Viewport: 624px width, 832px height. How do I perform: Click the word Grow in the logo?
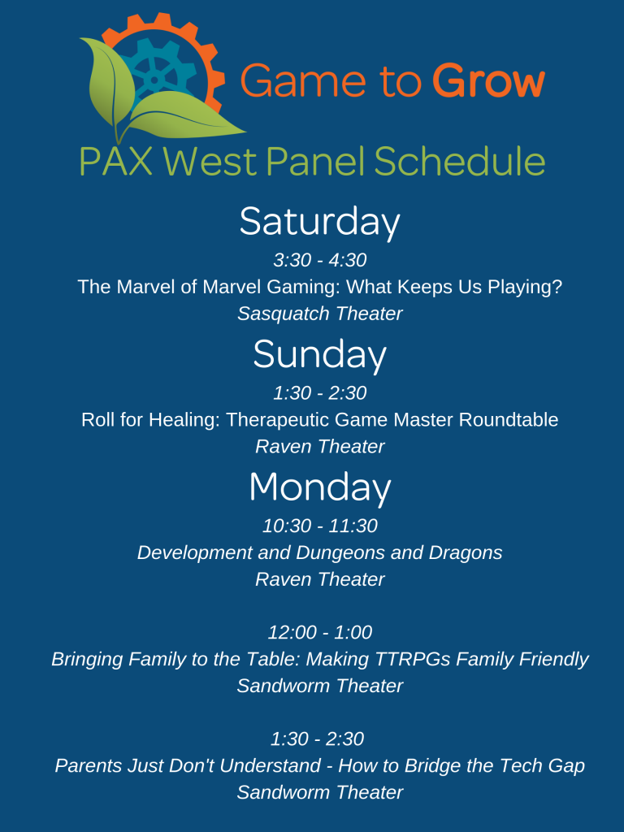488,80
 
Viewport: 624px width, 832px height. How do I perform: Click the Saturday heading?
319,222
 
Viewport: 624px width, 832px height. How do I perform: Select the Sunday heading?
319,354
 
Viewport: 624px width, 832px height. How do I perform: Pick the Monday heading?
320,487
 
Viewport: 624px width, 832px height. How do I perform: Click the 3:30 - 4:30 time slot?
320,260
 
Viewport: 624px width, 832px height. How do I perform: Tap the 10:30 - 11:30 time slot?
320,526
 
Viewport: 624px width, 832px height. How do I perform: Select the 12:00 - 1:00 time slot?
320,632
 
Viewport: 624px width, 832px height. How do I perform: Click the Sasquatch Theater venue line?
320,314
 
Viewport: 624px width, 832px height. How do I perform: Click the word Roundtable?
509,420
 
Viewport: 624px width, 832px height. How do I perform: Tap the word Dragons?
466,552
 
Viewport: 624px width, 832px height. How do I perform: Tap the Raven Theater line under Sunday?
320,447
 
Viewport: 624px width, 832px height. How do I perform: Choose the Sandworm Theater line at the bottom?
320,792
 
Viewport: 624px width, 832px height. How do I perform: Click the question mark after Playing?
557,287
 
